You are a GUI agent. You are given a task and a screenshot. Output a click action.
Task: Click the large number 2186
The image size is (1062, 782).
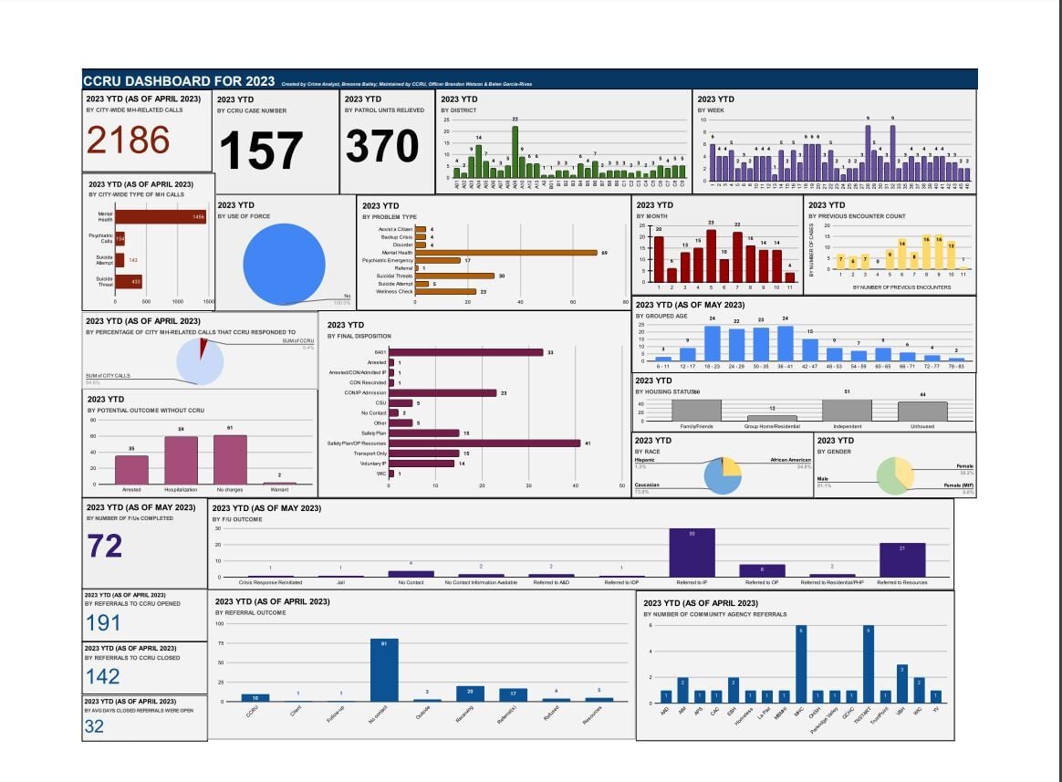[128, 141]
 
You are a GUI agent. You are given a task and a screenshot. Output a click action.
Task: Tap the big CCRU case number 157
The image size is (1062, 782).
[260, 151]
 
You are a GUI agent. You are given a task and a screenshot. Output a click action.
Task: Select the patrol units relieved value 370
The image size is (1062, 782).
[382, 146]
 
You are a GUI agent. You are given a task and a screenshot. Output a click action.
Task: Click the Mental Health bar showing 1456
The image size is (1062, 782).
[160, 217]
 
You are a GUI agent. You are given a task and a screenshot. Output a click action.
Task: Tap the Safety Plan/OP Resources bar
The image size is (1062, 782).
[484, 443]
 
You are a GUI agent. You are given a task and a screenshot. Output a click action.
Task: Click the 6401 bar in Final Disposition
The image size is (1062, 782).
[465, 352]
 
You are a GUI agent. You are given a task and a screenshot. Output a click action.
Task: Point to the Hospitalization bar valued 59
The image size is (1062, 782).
[181, 460]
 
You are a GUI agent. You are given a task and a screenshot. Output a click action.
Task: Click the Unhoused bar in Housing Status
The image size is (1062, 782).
[929, 412]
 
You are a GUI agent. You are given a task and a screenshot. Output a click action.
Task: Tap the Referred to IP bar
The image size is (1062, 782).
[692, 553]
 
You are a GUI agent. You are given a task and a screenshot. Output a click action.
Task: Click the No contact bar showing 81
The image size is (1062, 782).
[384, 670]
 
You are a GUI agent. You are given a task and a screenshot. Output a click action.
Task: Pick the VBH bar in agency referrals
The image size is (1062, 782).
[901, 683]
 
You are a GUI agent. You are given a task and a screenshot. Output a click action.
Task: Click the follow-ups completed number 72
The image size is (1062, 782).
[105, 546]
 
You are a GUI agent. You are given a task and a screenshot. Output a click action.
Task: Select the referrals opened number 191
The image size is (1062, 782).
[103, 622]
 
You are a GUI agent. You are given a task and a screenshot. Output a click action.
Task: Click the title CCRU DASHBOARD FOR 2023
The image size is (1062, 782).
[180, 80]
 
